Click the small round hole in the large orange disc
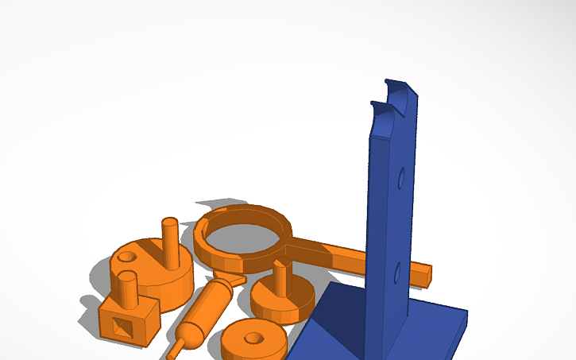(126, 257)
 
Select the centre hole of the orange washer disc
(253, 338)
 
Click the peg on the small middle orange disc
(280, 278)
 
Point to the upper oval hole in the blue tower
(402, 178)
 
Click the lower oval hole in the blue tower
(396, 275)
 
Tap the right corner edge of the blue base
(465, 321)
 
